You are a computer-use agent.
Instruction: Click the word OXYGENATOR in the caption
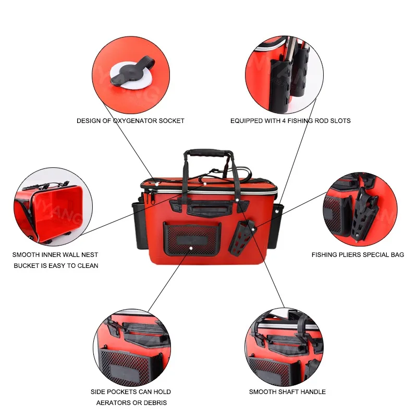[x=135, y=121]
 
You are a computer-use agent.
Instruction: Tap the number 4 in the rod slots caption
[x=284, y=121]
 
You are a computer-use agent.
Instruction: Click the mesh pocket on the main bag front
[x=192, y=239]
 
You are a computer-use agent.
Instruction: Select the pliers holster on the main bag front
[x=241, y=237]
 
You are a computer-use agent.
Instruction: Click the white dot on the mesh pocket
[x=191, y=248]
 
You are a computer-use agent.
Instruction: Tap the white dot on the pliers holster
[x=253, y=229]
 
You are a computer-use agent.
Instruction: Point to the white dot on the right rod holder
[x=277, y=212]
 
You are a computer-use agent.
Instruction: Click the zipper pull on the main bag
[x=152, y=198]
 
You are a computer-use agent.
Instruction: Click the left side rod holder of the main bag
[x=139, y=225]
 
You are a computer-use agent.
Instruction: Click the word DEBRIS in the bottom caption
[x=155, y=402]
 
